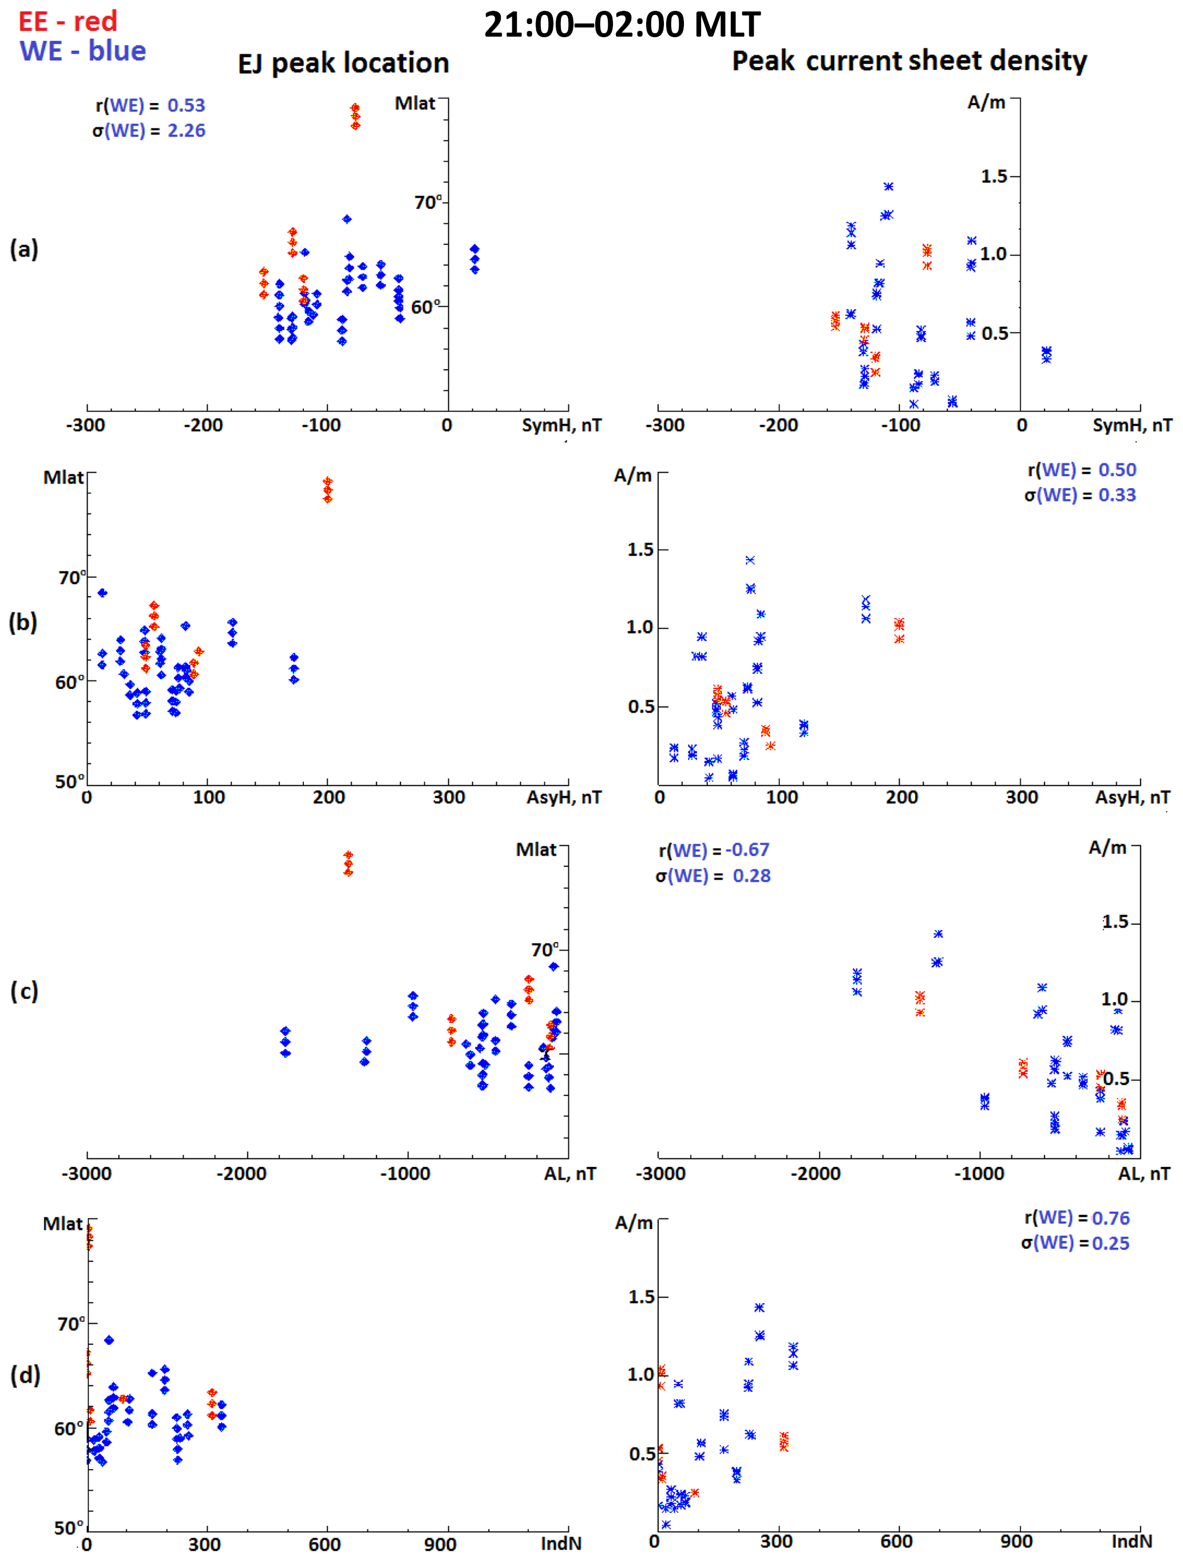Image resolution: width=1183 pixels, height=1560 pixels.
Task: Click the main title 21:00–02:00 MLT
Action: pyautogui.click(x=622, y=25)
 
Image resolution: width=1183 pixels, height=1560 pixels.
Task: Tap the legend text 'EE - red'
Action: pyautogui.click(x=68, y=21)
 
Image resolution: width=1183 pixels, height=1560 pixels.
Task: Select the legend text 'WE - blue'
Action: pyautogui.click(x=82, y=51)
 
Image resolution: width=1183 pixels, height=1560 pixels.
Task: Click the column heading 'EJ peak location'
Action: pyautogui.click(x=343, y=64)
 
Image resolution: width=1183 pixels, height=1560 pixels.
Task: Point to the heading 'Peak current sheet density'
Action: pyautogui.click(x=909, y=61)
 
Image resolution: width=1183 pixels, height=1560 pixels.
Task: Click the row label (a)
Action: pyautogui.click(x=24, y=249)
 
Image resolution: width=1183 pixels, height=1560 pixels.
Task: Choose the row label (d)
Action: pyautogui.click(x=25, y=1375)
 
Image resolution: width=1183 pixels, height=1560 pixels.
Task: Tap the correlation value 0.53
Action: pyautogui.click(x=186, y=105)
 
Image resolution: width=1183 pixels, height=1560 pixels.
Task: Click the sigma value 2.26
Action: pyautogui.click(x=186, y=130)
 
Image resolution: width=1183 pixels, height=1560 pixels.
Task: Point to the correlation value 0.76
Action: pyautogui.click(x=1110, y=1218)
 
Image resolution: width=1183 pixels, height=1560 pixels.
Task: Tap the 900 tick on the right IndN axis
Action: pyautogui.click(x=1016, y=1542)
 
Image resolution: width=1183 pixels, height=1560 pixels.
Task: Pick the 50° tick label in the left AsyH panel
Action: pyautogui.click(x=69, y=781)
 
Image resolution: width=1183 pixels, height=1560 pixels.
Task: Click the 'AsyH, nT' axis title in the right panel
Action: pyautogui.click(x=1131, y=798)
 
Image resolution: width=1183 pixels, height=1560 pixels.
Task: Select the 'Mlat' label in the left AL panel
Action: pyautogui.click(x=536, y=850)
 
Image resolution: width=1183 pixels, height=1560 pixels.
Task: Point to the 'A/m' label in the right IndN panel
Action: pyautogui.click(x=633, y=1223)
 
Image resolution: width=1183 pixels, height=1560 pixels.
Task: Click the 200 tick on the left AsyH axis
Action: pyautogui.click(x=329, y=798)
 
